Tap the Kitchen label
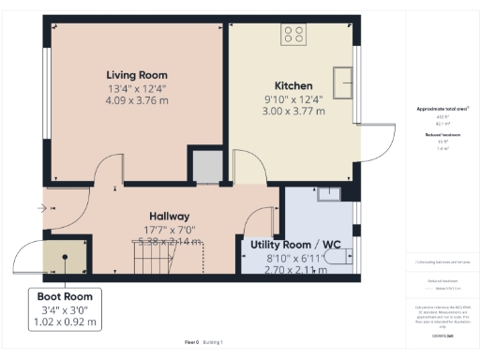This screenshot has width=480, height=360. pyautogui.click(x=292, y=84)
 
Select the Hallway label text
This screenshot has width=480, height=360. pyautogui.click(x=168, y=215)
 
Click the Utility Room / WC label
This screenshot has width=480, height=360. pyautogui.click(x=288, y=244)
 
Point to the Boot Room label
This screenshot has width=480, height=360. pyautogui.click(x=65, y=297)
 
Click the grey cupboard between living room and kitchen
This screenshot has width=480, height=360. pyautogui.click(x=205, y=165)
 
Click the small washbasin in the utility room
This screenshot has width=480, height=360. pyautogui.click(x=329, y=194)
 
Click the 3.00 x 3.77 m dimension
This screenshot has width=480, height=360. pyautogui.click(x=292, y=111)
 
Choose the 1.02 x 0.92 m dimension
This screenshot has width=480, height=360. pyautogui.click(x=65, y=323)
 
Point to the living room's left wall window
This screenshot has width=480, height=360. pyautogui.click(x=45, y=103)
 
